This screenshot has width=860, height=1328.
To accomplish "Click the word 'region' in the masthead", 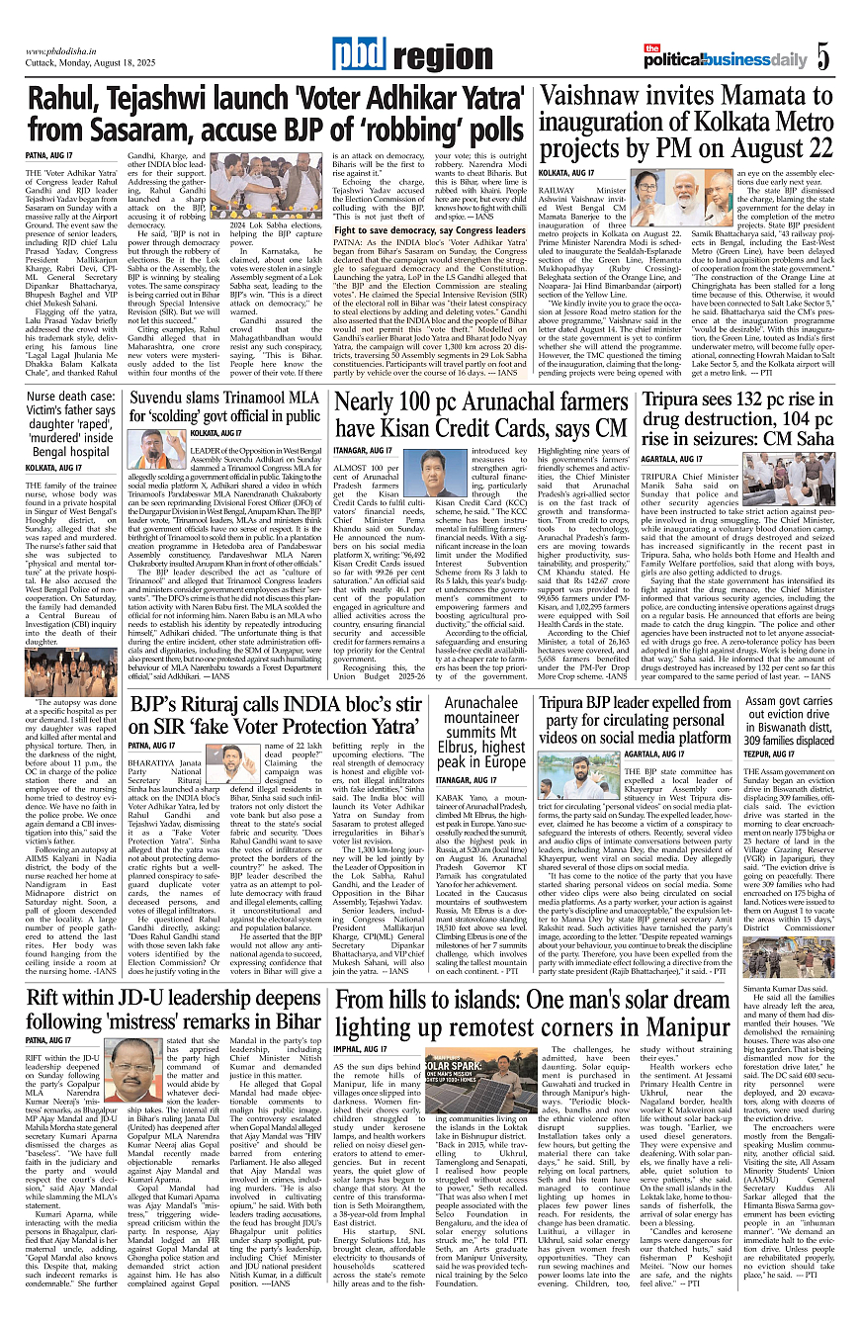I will coord(424,58).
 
